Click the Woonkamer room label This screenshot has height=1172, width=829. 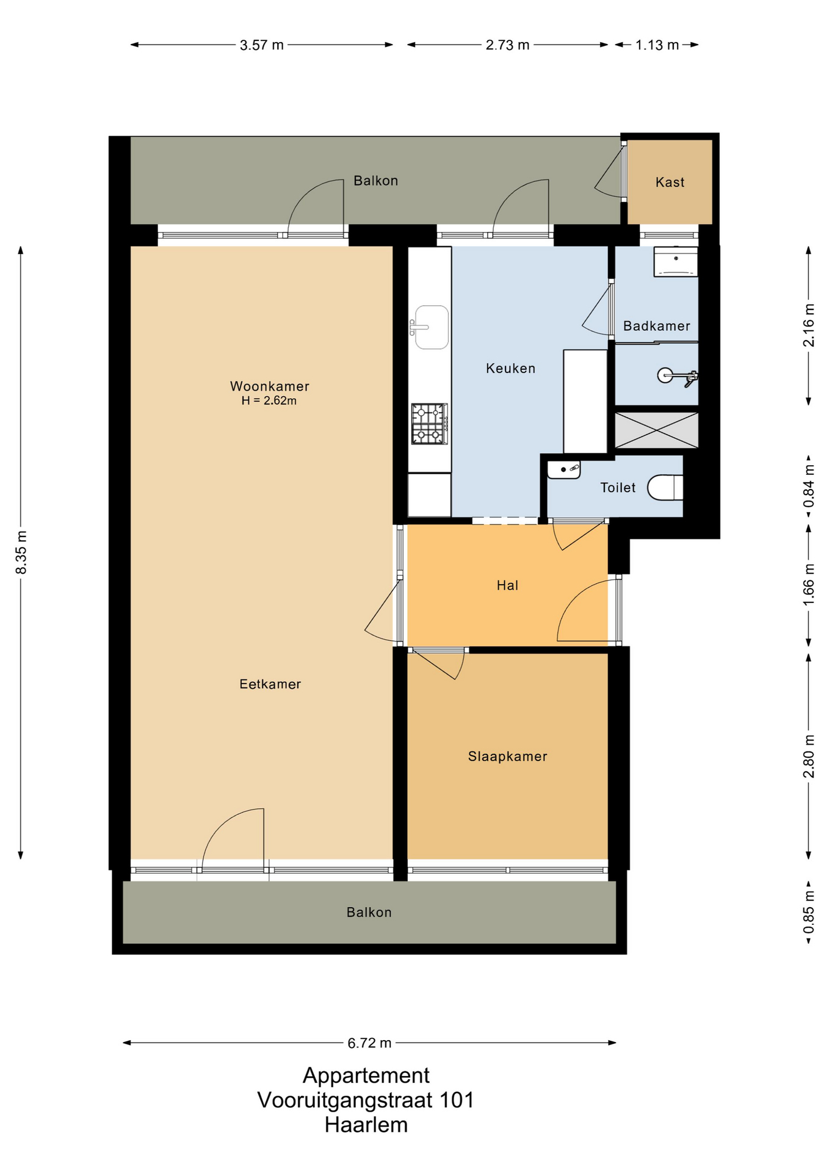click(270, 386)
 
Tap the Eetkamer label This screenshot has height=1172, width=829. click(270, 684)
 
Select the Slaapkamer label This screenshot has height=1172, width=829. click(508, 757)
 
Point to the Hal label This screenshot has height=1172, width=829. click(507, 586)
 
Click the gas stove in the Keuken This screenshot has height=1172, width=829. click(430, 424)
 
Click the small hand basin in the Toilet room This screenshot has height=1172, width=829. click(563, 469)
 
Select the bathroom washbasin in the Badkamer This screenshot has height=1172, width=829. click(676, 262)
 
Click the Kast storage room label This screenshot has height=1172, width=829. click(670, 183)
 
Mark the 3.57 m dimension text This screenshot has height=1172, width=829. click(262, 45)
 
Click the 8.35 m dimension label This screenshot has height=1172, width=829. click(21, 552)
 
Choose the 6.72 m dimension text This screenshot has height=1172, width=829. click(369, 1043)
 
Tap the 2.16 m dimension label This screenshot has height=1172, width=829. click(809, 325)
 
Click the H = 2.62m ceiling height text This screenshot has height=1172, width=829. click(269, 401)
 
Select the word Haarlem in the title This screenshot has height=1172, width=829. click(366, 1125)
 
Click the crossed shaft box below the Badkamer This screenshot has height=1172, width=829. click(656, 430)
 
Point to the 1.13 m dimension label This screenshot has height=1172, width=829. click(657, 45)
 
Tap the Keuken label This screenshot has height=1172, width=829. click(511, 369)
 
